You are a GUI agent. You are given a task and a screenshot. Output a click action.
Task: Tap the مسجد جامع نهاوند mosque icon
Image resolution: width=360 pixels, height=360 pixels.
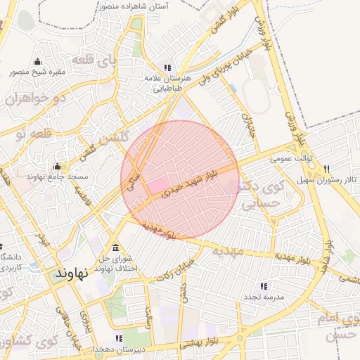(x=57, y=167)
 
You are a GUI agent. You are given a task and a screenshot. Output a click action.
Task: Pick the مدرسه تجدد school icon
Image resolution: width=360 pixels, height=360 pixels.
(x=263, y=286)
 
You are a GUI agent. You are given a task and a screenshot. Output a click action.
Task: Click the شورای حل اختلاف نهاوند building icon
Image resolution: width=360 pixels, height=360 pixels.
(x=115, y=247)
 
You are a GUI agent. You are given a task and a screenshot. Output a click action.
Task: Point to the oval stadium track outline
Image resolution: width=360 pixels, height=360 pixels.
(x=256, y=95)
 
